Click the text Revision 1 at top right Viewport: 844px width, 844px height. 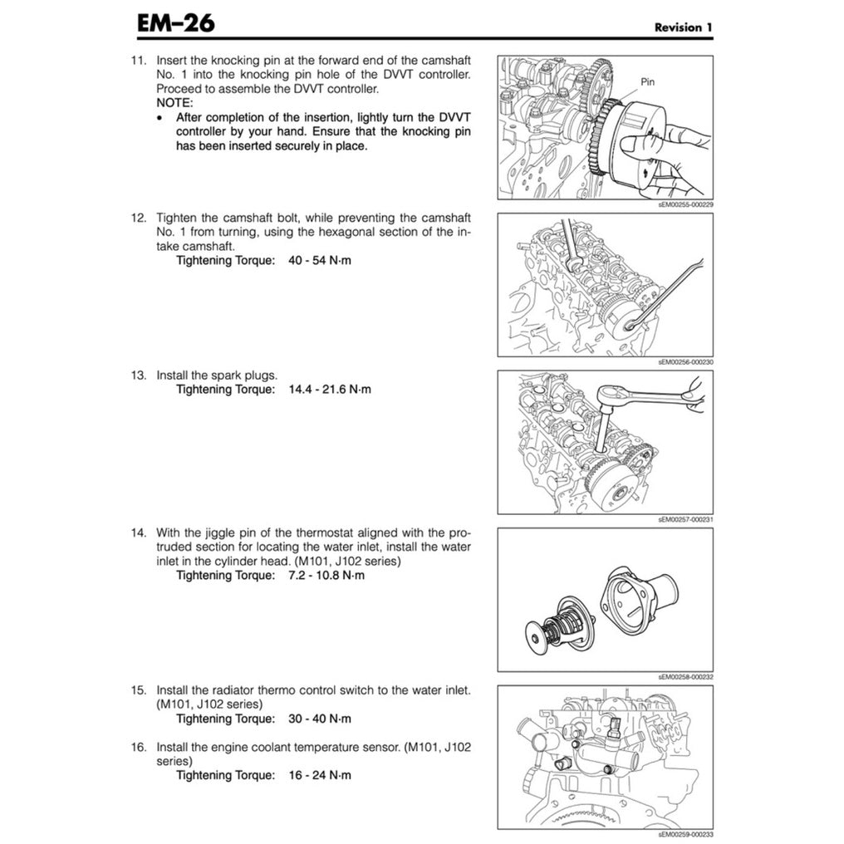click(x=683, y=27)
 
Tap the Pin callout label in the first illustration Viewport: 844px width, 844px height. click(x=649, y=82)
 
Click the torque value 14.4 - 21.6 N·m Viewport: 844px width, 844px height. click(x=330, y=389)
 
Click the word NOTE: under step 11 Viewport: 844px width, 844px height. click(x=174, y=103)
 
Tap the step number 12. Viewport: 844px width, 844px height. click(x=138, y=218)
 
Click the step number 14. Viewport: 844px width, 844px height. click(x=138, y=532)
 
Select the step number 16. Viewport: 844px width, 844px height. click(x=138, y=747)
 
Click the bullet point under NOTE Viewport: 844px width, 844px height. click(x=160, y=118)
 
